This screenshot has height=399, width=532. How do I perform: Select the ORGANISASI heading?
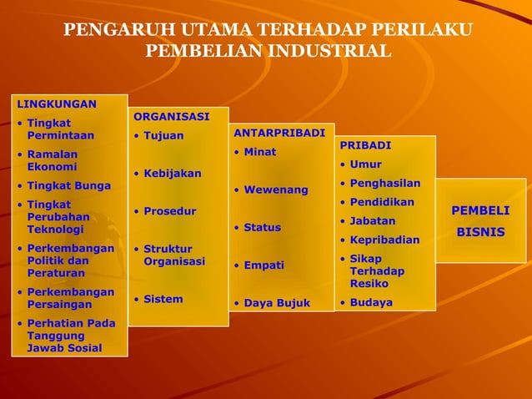click(x=171, y=116)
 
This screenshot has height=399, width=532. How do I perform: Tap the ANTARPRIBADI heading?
click(x=279, y=133)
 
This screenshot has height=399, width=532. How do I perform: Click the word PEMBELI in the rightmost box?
click(x=480, y=210)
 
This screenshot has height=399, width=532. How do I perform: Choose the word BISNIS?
click(x=480, y=231)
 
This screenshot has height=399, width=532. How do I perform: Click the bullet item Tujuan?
click(x=163, y=135)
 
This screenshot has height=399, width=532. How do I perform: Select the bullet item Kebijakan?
click(x=172, y=173)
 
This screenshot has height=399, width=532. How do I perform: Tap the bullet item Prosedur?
click(x=169, y=211)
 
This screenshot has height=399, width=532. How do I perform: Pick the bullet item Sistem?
click(x=163, y=299)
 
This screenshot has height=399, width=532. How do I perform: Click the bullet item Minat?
click(x=259, y=152)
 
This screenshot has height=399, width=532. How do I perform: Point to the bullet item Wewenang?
click(x=275, y=189)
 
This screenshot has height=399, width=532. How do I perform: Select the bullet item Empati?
click(x=263, y=265)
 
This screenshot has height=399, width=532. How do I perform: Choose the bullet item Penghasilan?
click(x=384, y=184)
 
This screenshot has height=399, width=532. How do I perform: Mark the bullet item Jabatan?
click(x=372, y=221)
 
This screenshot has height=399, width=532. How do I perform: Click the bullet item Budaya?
click(x=370, y=302)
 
